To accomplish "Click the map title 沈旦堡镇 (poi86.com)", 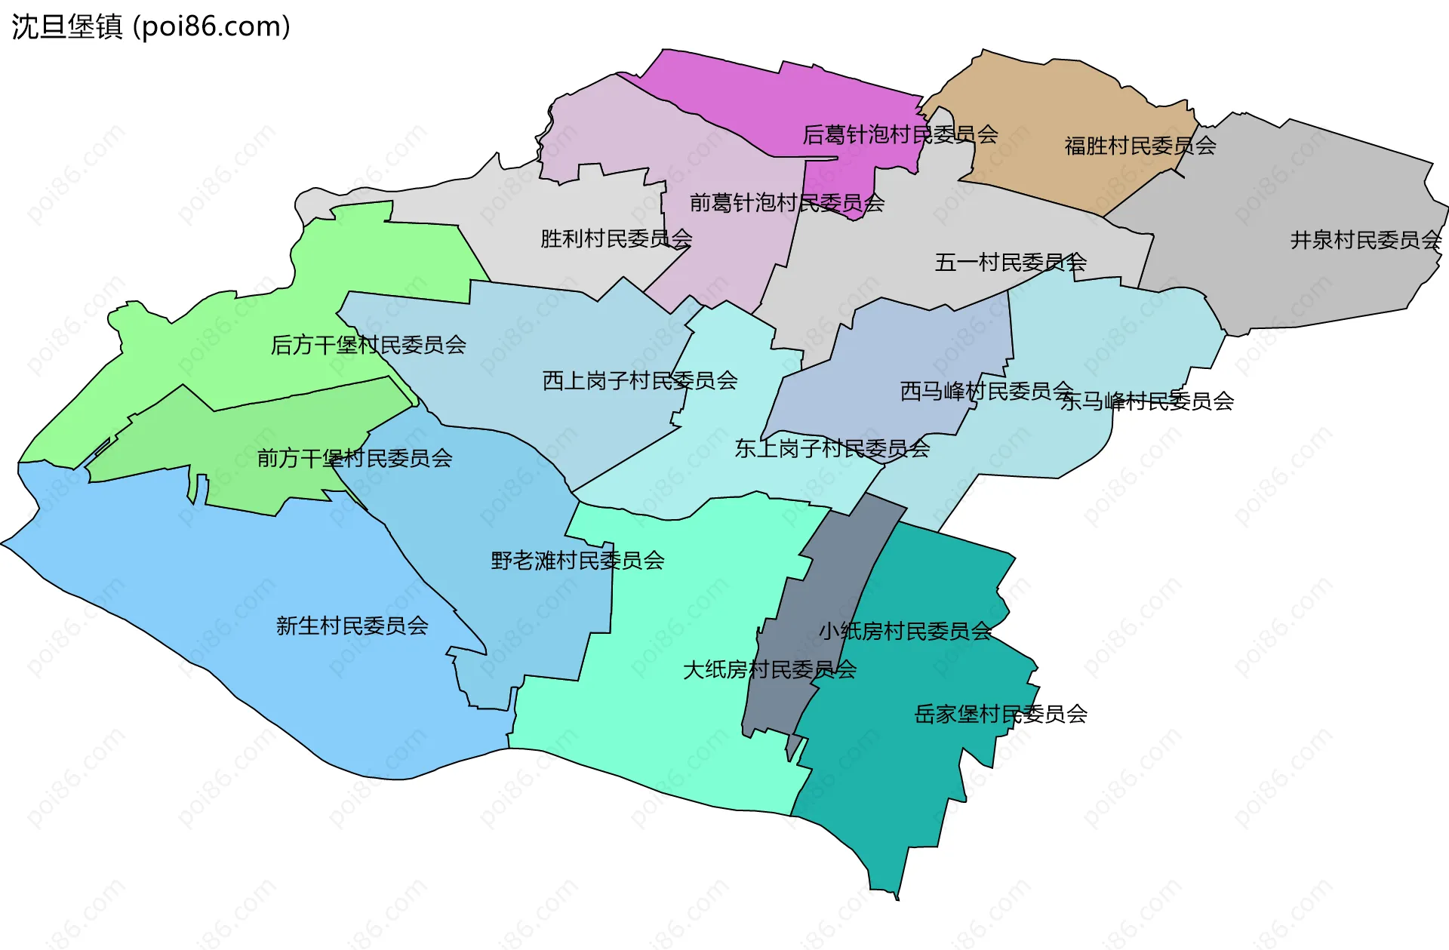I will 151,27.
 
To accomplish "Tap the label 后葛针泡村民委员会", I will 900,135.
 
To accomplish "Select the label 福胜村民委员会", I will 1140,146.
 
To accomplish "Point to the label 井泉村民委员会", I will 1365,240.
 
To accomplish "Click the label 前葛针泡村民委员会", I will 786,203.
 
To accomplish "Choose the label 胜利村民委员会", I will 616,238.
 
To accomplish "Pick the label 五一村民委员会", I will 1011,263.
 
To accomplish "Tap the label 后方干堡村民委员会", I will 368,345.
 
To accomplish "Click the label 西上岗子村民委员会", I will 640,380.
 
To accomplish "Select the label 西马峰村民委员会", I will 986,391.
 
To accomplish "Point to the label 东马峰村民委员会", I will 1147,401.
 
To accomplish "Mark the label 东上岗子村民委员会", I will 832,449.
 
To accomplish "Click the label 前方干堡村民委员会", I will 355,458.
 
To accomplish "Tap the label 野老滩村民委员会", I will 577,561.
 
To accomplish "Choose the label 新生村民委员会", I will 352,626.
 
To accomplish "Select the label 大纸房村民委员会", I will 769,669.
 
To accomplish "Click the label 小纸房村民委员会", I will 905,631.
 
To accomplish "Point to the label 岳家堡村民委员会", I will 1001,714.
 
